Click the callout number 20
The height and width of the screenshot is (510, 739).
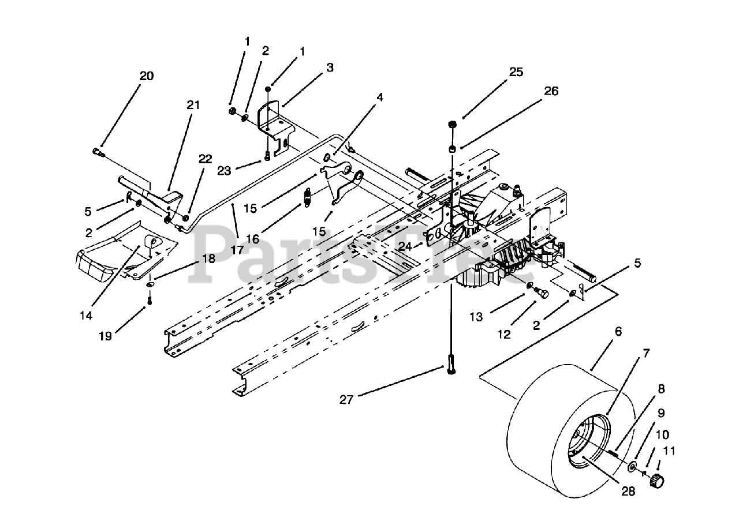(x=147, y=76)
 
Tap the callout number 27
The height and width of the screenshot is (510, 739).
(x=346, y=400)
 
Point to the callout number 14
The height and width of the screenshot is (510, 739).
(x=86, y=316)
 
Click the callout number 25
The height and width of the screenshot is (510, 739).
(x=516, y=72)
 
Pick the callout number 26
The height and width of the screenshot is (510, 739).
(x=551, y=91)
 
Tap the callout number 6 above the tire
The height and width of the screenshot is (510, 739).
(x=618, y=331)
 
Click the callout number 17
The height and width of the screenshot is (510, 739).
(x=237, y=250)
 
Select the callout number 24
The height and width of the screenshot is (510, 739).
(x=405, y=246)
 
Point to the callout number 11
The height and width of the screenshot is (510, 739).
(x=669, y=451)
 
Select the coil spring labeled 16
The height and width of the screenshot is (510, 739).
(x=307, y=197)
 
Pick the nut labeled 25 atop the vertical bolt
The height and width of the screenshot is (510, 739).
(x=452, y=125)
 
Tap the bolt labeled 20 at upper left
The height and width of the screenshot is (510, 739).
(x=99, y=152)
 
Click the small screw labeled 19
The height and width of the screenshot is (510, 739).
(x=150, y=301)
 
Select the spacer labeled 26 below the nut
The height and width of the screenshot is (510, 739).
(x=452, y=149)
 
